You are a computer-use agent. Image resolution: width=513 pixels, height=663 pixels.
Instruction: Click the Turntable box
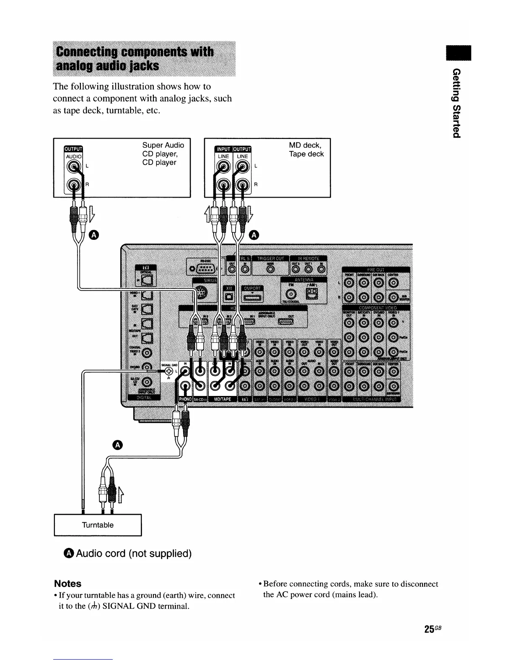(x=98, y=525)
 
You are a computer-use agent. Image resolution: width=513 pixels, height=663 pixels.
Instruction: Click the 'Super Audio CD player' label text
(x=163, y=154)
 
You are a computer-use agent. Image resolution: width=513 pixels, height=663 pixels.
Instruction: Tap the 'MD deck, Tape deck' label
(x=306, y=149)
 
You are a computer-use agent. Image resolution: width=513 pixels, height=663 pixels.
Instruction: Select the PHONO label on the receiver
(x=185, y=400)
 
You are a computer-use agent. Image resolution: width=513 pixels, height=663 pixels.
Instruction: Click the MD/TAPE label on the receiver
(x=223, y=400)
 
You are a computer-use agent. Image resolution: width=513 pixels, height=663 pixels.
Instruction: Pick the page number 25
(x=428, y=629)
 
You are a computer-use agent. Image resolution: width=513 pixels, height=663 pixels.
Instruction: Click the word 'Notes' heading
(x=67, y=583)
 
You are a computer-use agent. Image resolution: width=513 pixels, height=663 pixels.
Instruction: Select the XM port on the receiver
(x=229, y=297)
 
